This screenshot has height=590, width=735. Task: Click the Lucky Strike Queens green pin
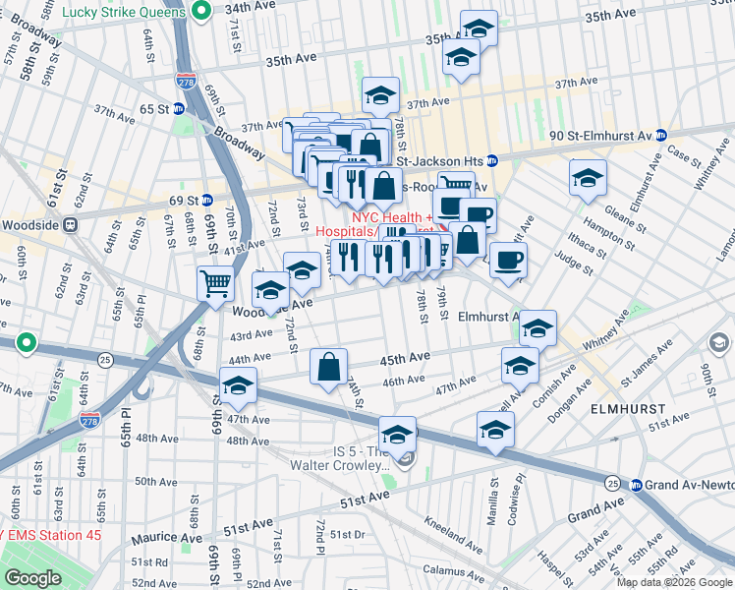201,12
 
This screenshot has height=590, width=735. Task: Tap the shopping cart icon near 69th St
215,284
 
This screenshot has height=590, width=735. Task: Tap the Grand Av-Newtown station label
685,485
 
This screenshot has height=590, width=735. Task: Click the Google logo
32,578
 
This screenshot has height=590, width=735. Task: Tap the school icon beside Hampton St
588,177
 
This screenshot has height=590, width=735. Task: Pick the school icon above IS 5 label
397,433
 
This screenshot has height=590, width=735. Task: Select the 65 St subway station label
154,108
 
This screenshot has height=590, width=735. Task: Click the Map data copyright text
674,582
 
